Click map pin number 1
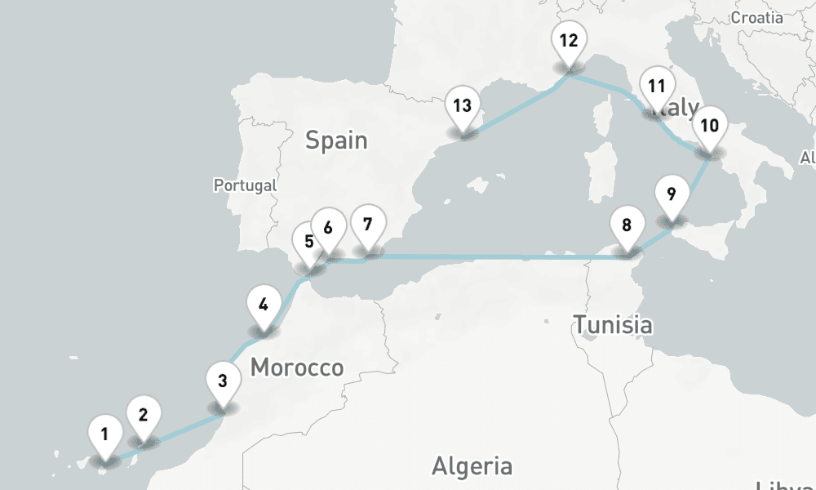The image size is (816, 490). tap(104, 433)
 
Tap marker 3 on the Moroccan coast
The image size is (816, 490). tap(222, 381)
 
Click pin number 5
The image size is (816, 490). tap(308, 243)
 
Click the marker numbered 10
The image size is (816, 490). tap(710, 127)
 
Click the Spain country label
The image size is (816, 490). tap(336, 140)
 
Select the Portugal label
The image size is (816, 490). tap(245, 185)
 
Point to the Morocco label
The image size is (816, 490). tap(296, 367)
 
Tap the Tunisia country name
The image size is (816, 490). tap(612, 325)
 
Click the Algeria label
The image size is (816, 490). tap(472, 466)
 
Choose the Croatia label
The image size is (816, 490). tap(758, 17)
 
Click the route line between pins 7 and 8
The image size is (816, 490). tap(498, 257)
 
